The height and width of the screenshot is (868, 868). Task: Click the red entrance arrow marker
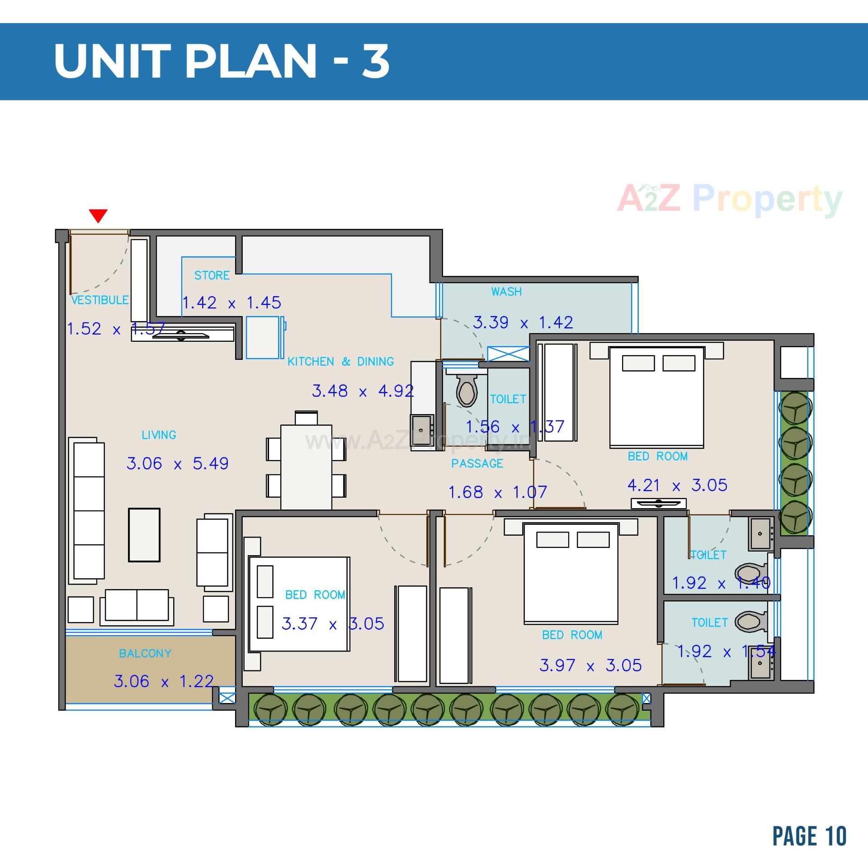98,215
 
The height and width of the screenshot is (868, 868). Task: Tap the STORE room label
212,275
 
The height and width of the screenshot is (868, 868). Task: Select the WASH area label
506,292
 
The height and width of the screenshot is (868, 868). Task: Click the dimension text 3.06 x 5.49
177,463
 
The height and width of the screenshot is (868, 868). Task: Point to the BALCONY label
145,653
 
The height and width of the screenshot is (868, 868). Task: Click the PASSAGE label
477,463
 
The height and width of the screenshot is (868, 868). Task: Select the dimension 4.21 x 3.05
677,486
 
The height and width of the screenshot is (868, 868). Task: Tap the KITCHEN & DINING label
340,361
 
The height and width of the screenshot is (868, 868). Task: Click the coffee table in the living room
144,535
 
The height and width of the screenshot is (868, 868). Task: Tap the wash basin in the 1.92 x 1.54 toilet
761,663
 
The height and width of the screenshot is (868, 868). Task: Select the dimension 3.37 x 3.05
333,624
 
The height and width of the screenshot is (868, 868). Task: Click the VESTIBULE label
100,300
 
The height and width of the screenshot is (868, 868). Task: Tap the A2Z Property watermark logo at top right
730,199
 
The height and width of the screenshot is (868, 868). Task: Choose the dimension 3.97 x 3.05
590,665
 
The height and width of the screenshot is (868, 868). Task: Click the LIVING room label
159,435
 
